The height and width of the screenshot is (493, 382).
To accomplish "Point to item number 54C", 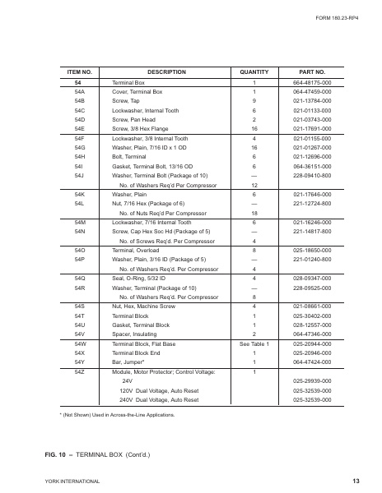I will point(80,109).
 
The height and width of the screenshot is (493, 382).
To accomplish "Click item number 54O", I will point(80,251).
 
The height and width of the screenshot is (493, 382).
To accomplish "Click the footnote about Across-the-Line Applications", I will point(122,417).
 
